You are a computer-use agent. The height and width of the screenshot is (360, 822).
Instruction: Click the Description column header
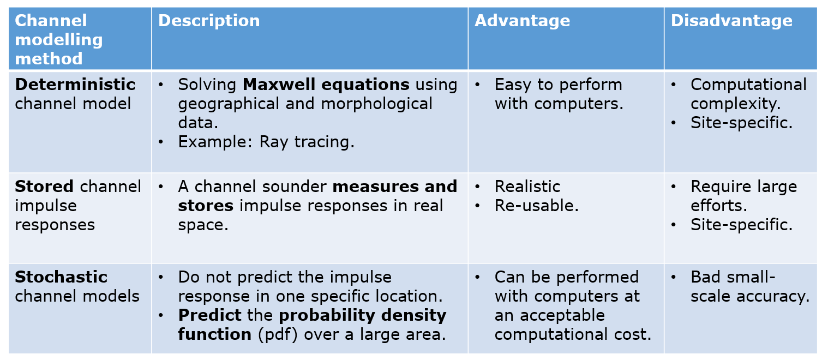click(209, 21)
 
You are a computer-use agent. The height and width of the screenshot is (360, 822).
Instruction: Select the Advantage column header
click(522, 21)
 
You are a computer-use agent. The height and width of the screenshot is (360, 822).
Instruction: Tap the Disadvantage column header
click(731, 21)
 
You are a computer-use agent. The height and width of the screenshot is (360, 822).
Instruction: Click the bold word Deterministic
click(75, 85)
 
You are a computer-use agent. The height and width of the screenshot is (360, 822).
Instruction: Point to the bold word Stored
click(44, 187)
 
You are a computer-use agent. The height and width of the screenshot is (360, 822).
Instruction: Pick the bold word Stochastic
click(61, 277)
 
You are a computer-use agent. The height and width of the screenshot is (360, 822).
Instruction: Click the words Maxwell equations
click(326, 85)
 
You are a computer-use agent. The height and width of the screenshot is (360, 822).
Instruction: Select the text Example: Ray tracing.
click(266, 142)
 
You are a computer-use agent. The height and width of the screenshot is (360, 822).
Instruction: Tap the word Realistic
click(527, 187)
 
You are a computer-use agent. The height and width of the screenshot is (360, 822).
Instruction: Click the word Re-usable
click(536, 206)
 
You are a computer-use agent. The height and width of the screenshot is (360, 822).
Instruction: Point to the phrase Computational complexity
click(748, 94)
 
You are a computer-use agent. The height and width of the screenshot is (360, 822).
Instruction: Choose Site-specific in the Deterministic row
click(741, 123)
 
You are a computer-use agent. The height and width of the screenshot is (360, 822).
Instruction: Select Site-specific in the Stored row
click(741, 225)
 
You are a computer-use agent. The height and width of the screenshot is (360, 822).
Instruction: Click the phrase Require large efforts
click(743, 196)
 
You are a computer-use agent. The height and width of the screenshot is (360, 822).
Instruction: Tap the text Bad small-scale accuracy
click(749, 286)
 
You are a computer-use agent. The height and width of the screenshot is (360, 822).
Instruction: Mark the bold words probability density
click(362, 315)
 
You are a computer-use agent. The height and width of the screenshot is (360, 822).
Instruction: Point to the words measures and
click(394, 187)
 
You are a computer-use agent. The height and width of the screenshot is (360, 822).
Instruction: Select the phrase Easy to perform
click(558, 85)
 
